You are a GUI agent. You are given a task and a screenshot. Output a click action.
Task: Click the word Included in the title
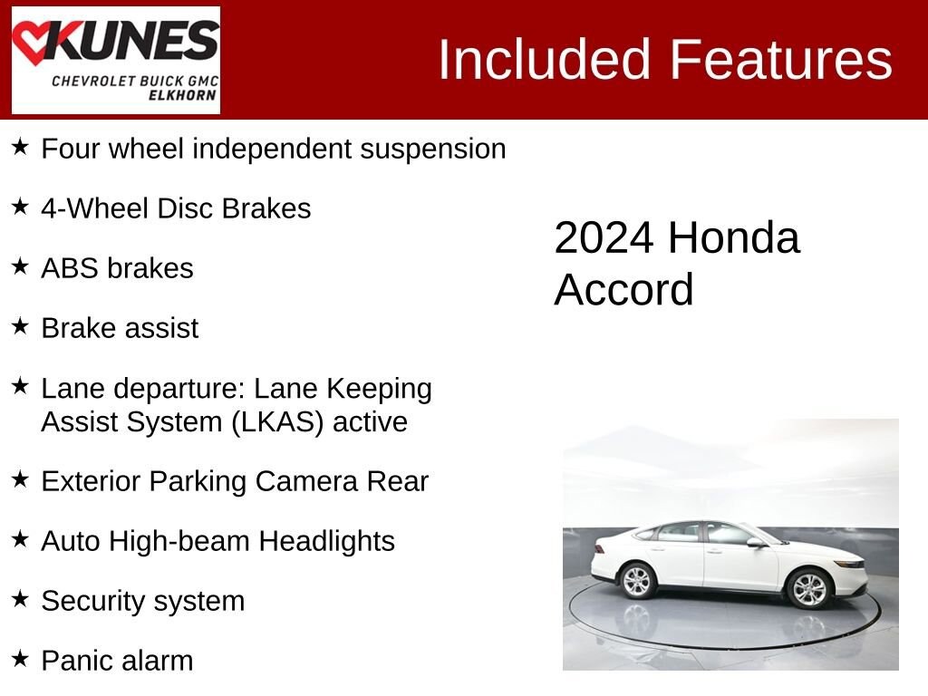[x=546, y=60]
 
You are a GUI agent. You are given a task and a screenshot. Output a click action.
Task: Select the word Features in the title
[x=781, y=60]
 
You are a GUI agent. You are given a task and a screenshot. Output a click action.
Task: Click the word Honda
[x=734, y=238]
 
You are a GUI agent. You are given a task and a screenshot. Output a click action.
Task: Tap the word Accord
[x=623, y=290]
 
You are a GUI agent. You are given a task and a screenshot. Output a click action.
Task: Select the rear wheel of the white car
[x=638, y=580]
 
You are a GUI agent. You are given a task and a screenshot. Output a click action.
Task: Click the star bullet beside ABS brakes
[x=20, y=266]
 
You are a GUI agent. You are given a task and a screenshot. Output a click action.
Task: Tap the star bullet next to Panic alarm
[x=20, y=659]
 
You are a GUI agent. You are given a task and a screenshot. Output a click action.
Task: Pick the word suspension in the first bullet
[x=433, y=149]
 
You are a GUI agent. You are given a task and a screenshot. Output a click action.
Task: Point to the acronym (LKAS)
[x=280, y=422]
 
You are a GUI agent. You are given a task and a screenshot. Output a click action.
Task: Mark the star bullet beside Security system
[x=20, y=599]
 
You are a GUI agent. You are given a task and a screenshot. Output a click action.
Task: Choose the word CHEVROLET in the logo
[x=94, y=81]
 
